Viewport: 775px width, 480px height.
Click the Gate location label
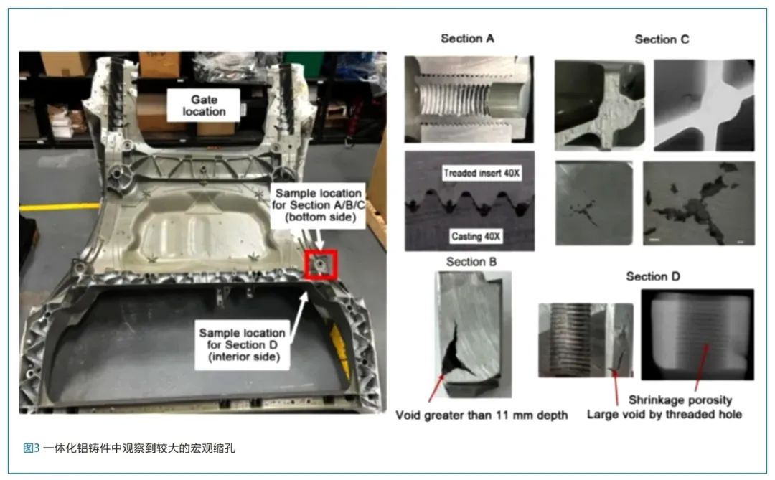pos(204,105)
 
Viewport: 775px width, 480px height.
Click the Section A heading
pos(467,39)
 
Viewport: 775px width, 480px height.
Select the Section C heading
pos(662,39)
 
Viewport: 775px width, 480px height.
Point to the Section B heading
pos(471,261)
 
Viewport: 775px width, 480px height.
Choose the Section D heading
pos(653,276)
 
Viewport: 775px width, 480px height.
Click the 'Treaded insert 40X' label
pos(482,173)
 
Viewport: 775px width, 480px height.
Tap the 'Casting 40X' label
pos(476,236)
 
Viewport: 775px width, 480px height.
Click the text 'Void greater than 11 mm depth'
pos(482,415)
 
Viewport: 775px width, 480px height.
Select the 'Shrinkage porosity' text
pos(680,400)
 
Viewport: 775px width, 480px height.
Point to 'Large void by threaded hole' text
pos(664,414)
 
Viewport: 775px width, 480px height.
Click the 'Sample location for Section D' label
pos(243,345)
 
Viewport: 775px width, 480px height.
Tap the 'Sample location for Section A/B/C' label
pos(319,205)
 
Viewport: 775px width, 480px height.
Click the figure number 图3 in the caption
pos(31,448)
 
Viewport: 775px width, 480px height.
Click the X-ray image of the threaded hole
pos(697,334)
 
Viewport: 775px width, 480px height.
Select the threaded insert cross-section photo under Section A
pos(469,99)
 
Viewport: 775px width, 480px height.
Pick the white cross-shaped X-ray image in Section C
pos(704,105)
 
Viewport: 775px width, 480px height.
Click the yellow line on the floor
pos(60,207)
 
